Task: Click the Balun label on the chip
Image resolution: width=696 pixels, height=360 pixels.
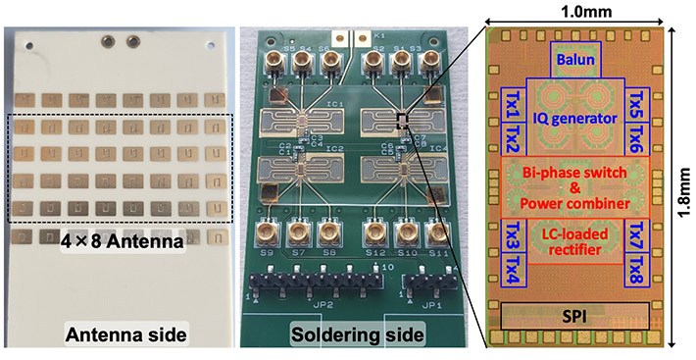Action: (577, 60)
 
